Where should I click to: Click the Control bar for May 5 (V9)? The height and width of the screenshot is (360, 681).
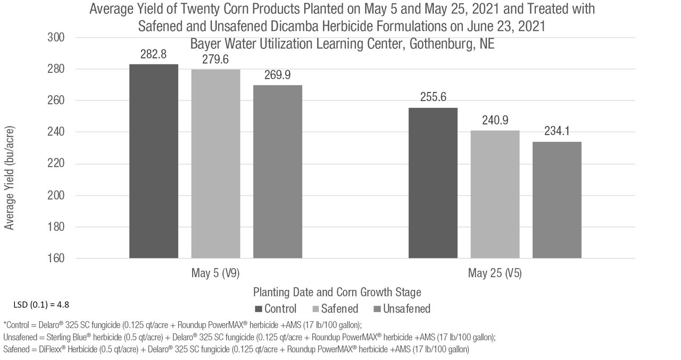pyautogui.click(x=154, y=161)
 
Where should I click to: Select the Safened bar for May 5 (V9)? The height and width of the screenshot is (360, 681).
pyautogui.click(x=215, y=164)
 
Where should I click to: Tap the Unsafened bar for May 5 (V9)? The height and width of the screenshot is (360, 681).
pyautogui.click(x=277, y=172)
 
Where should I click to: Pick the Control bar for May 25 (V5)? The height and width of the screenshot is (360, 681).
pyautogui.click(x=433, y=183)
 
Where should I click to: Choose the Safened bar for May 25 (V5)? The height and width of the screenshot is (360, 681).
pyautogui.click(x=495, y=195)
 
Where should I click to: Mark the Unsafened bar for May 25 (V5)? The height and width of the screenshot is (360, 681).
pyautogui.click(x=557, y=200)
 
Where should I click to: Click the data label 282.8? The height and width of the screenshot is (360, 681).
pyautogui.click(x=153, y=55)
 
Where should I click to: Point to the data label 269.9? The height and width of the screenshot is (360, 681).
pyautogui.click(x=277, y=76)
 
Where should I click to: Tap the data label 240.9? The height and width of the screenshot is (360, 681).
pyautogui.click(x=495, y=121)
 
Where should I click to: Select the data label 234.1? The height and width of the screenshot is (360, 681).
pyautogui.click(x=557, y=131)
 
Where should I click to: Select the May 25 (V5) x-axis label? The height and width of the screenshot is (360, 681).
pyautogui.click(x=495, y=273)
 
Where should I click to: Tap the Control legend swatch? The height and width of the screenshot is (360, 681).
pyautogui.click(x=259, y=309)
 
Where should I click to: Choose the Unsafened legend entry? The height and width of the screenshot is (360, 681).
pyautogui.click(x=402, y=309)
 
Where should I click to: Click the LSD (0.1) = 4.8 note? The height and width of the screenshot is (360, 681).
pyautogui.click(x=41, y=305)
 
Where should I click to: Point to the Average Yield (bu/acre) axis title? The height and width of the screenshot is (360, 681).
pyautogui.click(x=10, y=179)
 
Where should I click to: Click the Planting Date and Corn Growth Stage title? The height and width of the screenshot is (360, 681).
pyautogui.click(x=337, y=292)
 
